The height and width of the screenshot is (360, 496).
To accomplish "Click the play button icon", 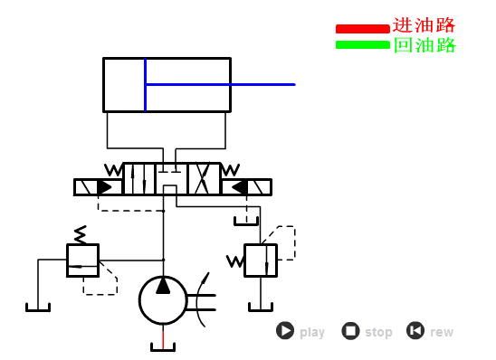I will pyautogui.click(x=285, y=331).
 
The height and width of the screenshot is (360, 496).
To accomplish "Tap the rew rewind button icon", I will pyautogui.click(x=415, y=331).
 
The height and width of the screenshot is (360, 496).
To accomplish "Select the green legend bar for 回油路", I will pyautogui.click(x=362, y=44).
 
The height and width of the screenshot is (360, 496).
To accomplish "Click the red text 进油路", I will pyautogui.click(x=424, y=25).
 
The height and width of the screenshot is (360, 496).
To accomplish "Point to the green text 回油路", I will pyautogui.click(x=424, y=45).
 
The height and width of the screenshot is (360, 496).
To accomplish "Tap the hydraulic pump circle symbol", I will pyautogui.click(x=163, y=300).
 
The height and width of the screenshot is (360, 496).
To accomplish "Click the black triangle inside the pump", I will pyautogui.click(x=163, y=286).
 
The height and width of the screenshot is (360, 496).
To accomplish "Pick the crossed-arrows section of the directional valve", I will pyautogui.click(x=204, y=178).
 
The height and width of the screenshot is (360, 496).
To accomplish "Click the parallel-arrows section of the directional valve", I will pyautogui.click(x=138, y=178).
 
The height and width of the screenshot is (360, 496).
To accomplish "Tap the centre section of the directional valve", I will pyautogui.click(x=171, y=178).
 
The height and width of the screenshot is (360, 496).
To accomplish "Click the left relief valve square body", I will pyautogui.click(x=82, y=260).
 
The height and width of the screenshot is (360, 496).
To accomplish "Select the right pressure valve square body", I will pyautogui.click(x=261, y=260).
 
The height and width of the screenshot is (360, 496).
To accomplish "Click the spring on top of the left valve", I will pyautogui.click(x=81, y=234).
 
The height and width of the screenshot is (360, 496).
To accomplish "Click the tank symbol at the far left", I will pyautogui.click(x=37, y=306).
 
